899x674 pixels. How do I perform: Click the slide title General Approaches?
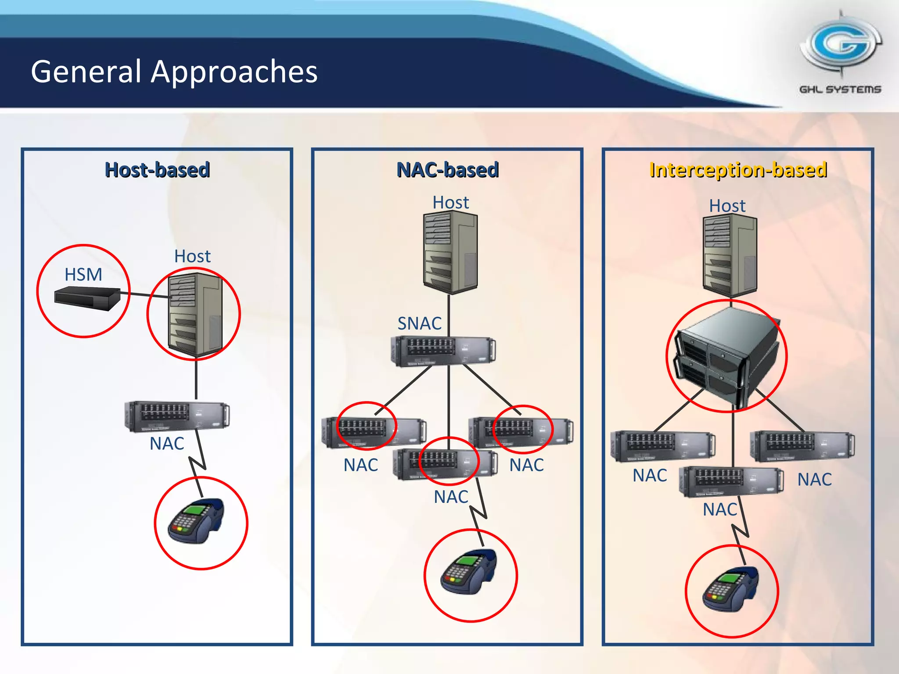coord(174,72)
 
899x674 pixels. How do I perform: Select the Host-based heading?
coord(157,170)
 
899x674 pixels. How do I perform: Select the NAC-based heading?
coord(447,170)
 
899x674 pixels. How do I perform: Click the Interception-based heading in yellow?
coord(738,170)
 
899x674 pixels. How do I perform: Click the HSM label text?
coord(83,275)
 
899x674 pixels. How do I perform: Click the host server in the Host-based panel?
coord(196,314)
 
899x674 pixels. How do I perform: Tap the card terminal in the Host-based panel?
coord(197,521)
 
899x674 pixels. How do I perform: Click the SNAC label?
coord(419,323)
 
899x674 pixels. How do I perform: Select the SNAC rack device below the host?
coord(443,351)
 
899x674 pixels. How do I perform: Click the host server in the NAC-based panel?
coord(450,252)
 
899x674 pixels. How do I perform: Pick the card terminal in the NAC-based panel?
coord(469,572)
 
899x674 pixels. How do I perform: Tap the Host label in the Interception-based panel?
coord(727,206)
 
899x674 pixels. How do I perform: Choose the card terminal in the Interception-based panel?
coord(730,589)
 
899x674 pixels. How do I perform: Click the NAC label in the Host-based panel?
coord(167,444)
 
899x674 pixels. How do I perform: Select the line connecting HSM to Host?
coord(145,294)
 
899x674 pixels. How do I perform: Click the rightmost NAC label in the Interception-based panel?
coord(814,480)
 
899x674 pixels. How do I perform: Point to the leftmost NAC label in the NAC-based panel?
coord(360,465)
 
